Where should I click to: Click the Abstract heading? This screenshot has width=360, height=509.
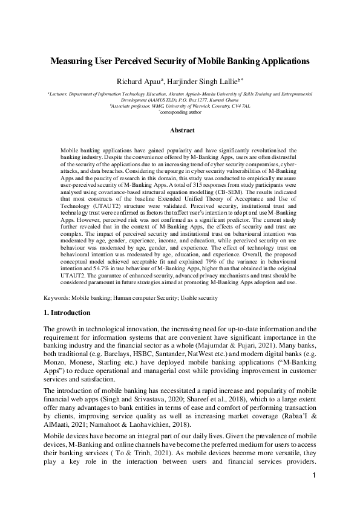coord(182,131)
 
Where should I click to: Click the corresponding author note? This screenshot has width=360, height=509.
coord(183,112)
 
